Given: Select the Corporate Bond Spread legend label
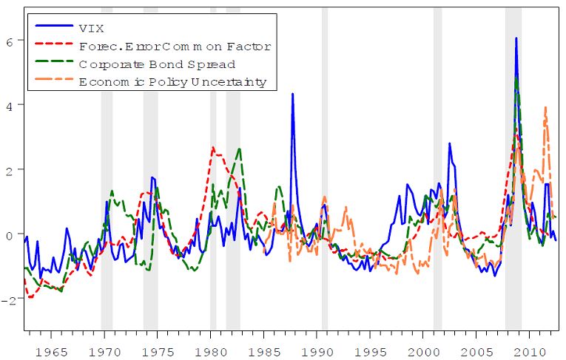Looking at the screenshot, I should pyautogui.click(x=157, y=64).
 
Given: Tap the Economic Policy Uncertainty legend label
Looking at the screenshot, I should pyautogui.click(x=172, y=82).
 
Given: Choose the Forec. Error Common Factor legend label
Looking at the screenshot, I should pyautogui.click(x=175, y=46).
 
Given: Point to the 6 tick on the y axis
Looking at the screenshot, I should pyautogui.click(x=10, y=41).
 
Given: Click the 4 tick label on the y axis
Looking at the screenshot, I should pyautogui.click(x=10, y=106).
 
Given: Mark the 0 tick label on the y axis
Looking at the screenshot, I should pyautogui.click(x=10, y=235).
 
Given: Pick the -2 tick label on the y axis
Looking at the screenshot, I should pyautogui.click(x=8, y=299).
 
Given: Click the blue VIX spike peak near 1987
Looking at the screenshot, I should pyautogui.click(x=293, y=94).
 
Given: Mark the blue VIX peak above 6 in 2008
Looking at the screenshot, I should pyautogui.click(x=516, y=38).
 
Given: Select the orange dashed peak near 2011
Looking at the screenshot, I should pyautogui.click(x=545, y=108).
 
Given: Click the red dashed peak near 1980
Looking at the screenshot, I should pyautogui.click(x=212, y=147).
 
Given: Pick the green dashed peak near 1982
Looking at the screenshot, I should pyautogui.click(x=239, y=149).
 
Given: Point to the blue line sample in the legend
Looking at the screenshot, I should pyautogui.click(x=56, y=27).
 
